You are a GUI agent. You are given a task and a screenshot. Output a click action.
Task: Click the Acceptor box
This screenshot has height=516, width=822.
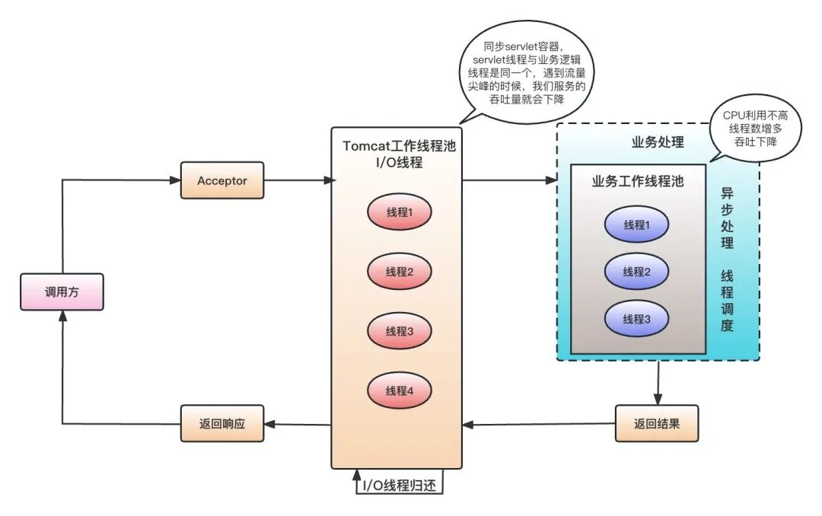click(x=221, y=180)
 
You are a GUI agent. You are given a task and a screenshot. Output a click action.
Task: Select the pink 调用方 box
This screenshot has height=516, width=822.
click(x=62, y=292)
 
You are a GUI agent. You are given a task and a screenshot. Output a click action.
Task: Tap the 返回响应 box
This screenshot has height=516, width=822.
click(x=221, y=423)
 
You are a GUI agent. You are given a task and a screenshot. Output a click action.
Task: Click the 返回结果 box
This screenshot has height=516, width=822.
click(x=656, y=423)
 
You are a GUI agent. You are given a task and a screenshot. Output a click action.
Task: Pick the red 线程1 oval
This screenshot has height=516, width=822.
click(x=400, y=212)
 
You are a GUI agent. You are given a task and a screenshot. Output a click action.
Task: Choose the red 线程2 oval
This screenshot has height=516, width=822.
click(x=400, y=272)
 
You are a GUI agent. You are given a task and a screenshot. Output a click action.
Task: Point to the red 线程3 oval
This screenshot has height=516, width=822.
click(x=400, y=331)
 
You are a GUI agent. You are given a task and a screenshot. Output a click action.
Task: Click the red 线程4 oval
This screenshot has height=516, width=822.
click(x=400, y=390)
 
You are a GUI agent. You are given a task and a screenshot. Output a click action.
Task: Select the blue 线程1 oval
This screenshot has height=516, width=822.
click(x=636, y=225)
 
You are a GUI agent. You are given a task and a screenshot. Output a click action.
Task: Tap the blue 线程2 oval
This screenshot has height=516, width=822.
click(x=636, y=272)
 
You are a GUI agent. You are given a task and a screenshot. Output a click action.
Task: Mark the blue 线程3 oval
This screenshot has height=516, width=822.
click(x=636, y=319)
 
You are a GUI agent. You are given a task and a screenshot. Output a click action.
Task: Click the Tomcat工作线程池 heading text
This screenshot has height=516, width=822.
click(x=400, y=146)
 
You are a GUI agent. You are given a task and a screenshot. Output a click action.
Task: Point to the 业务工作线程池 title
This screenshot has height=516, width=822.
click(x=638, y=181)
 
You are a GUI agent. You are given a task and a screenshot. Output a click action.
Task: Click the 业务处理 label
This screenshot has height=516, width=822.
click(x=658, y=142)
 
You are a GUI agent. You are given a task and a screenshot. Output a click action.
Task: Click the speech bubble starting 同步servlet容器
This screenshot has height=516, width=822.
click(x=526, y=73)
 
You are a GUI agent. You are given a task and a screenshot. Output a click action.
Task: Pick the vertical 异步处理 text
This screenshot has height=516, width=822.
click(x=727, y=218)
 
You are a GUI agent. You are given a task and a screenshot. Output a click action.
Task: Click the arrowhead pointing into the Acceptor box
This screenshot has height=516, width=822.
click(x=175, y=180)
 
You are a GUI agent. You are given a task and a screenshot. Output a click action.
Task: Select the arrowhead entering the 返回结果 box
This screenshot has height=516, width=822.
click(x=658, y=399)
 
